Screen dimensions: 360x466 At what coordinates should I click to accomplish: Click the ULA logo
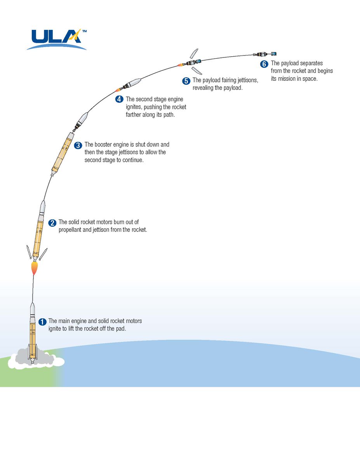(x=57, y=39)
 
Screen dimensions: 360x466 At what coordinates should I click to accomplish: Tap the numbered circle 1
(x=43, y=322)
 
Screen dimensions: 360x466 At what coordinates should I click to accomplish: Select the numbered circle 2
(x=52, y=223)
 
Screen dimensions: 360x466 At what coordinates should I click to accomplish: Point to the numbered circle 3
(x=78, y=145)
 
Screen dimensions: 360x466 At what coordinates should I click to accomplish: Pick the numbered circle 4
(x=120, y=99)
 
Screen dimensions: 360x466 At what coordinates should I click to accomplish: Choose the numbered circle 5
(x=186, y=81)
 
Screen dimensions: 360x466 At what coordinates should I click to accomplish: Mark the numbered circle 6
(x=264, y=64)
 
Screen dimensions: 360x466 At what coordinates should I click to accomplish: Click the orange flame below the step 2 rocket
(x=35, y=268)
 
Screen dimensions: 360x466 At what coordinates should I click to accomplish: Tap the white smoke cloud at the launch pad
(x=37, y=360)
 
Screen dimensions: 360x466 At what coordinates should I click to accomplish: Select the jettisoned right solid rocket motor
(x=43, y=253)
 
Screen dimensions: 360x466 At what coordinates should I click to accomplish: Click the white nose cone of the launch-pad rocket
(x=33, y=310)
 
